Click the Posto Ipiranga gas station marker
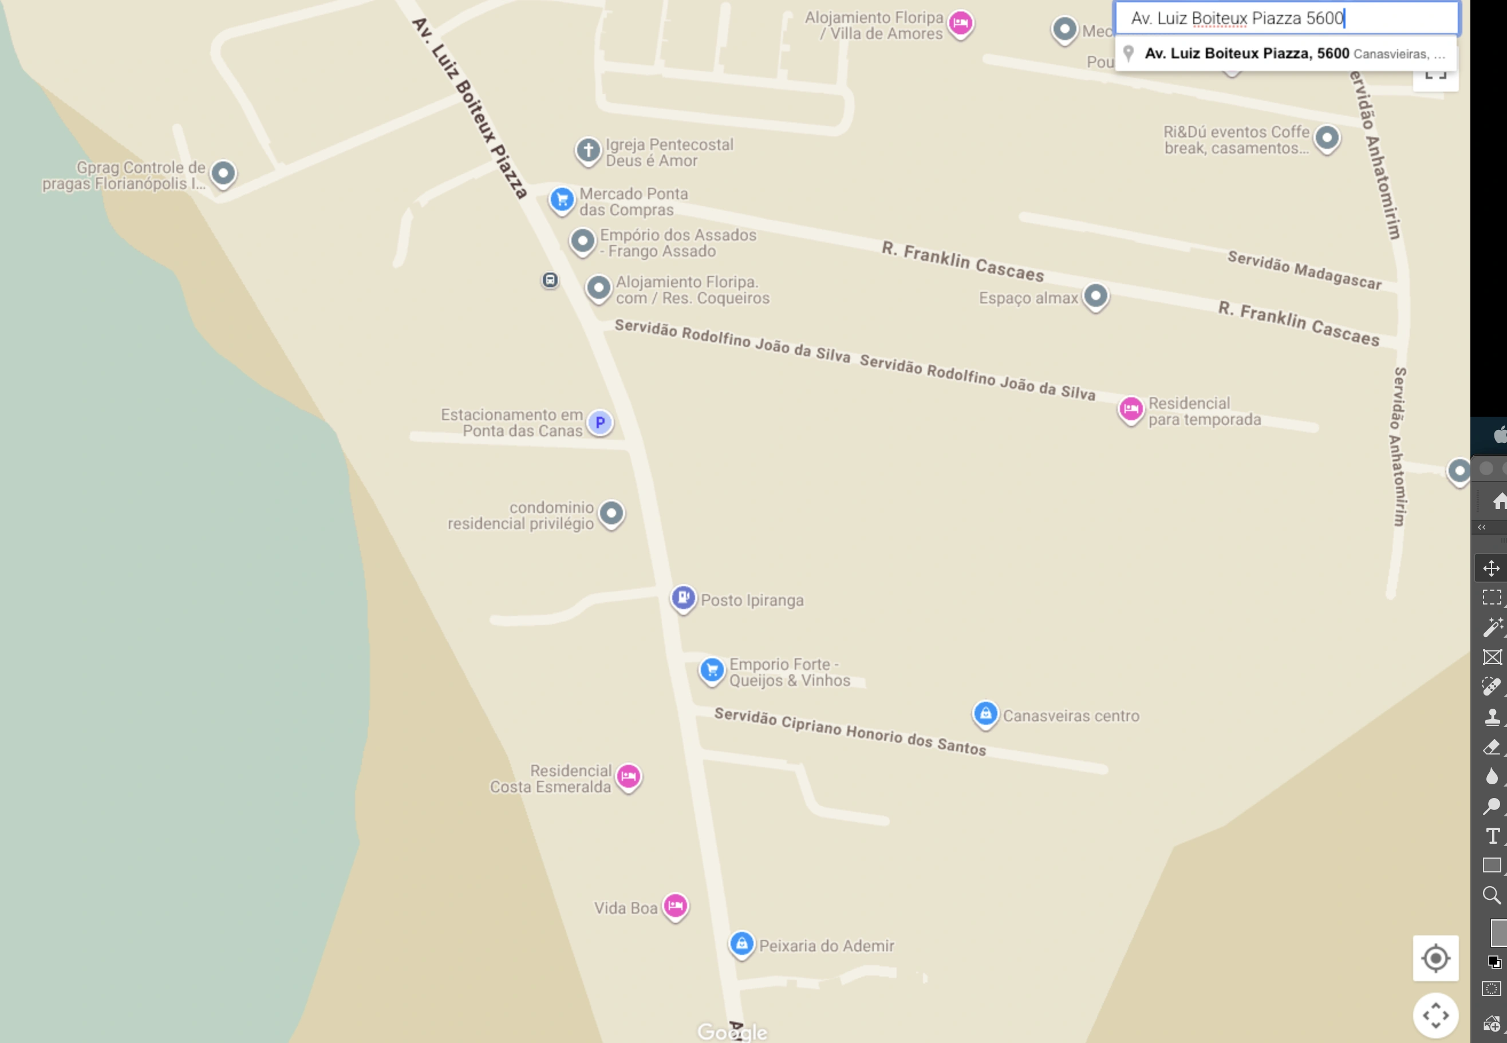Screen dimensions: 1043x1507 tap(683, 597)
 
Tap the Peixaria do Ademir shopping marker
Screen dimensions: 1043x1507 tap(741, 943)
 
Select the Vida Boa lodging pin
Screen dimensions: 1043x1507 tap(675, 906)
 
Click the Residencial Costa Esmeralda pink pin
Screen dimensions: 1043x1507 tap(629, 776)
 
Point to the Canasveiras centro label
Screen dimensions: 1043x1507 tap(1071, 716)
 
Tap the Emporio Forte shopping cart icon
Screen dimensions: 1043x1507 tap(712, 670)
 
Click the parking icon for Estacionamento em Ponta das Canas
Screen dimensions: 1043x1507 tap(600, 422)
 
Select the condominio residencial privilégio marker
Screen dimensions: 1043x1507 tap(612, 513)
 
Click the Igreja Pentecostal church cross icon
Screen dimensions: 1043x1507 tap(587, 151)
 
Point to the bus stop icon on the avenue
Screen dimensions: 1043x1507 tap(550, 280)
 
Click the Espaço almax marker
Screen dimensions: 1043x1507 tap(1096, 296)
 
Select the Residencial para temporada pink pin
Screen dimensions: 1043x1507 tap(1131, 409)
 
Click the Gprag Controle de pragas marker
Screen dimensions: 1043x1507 tap(223, 173)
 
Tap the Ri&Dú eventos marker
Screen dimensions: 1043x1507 tap(1327, 138)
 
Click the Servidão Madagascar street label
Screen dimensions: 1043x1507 tap(1304, 270)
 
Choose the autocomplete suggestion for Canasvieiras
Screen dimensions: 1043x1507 tap(1285, 54)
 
